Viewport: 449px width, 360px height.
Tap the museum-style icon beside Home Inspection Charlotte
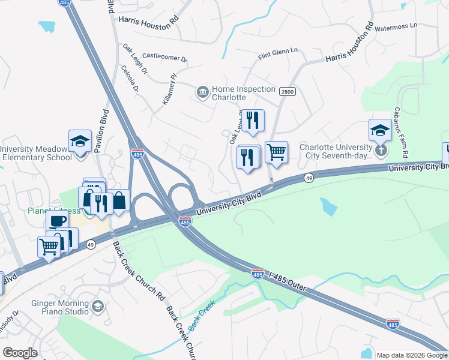202,92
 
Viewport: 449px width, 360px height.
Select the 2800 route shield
287,91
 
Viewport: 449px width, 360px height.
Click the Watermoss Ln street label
395,27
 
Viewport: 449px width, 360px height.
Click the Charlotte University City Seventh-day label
337,151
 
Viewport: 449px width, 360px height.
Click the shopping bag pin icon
119,200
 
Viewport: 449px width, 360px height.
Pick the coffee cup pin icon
58,220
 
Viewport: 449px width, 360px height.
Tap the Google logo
20,353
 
